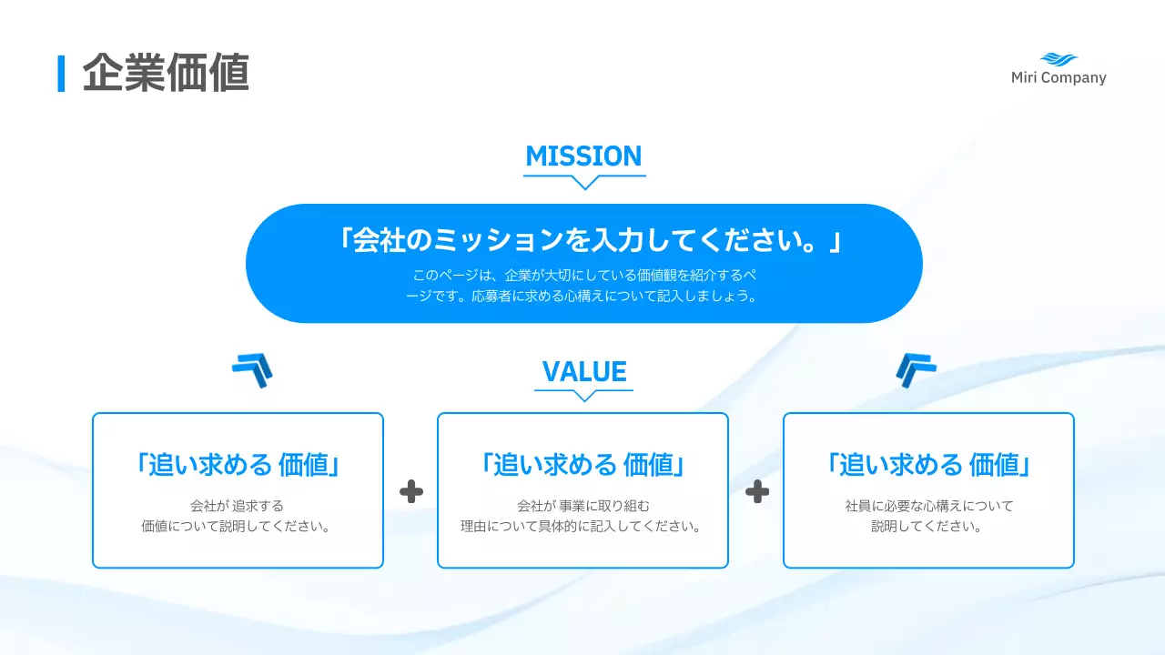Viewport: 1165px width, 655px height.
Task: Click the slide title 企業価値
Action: click(x=166, y=74)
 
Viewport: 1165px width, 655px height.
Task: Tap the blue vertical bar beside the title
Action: click(x=62, y=74)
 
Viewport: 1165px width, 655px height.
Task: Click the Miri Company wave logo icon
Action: click(x=1059, y=59)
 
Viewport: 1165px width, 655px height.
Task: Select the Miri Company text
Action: click(x=1059, y=78)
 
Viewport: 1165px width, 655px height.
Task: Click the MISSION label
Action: click(x=583, y=156)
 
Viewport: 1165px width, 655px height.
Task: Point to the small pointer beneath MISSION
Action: click(x=584, y=182)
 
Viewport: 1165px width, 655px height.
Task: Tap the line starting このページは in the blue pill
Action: click(x=583, y=275)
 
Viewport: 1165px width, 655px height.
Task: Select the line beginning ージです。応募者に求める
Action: click(x=583, y=297)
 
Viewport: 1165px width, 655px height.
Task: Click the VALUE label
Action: click(x=584, y=372)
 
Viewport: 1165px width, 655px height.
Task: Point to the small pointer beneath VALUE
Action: click(x=584, y=396)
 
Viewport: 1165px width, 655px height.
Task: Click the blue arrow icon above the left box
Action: click(x=252, y=370)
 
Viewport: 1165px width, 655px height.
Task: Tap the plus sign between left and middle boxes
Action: click(x=411, y=492)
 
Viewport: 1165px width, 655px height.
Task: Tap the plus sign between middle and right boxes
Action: click(x=757, y=492)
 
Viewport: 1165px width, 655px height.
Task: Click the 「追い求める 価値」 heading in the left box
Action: click(x=238, y=465)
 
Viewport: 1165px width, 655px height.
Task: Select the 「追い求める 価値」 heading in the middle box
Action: click(x=583, y=465)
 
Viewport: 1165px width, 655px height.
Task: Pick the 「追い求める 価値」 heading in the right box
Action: click(x=928, y=465)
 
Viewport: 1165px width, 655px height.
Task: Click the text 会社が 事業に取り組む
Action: click(x=583, y=506)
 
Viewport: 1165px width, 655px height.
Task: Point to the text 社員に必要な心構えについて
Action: click(x=928, y=506)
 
